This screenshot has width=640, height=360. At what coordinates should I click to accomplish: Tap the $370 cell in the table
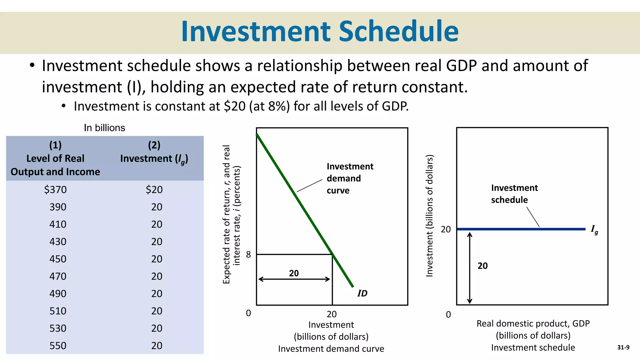[x=55, y=190]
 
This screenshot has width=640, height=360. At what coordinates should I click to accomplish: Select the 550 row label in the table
[x=58, y=346]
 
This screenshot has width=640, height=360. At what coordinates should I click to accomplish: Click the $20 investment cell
[x=154, y=190]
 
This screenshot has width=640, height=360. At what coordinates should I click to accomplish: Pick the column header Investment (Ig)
[x=154, y=158]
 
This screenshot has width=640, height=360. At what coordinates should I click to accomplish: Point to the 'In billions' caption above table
[x=104, y=128]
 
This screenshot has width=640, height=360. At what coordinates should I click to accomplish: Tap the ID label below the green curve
[x=362, y=293]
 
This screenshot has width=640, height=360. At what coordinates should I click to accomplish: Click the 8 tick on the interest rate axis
[x=248, y=255]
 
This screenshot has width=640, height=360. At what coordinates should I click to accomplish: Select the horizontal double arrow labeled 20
[x=294, y=279]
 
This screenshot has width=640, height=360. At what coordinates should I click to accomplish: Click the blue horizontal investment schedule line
[x=521, y=229]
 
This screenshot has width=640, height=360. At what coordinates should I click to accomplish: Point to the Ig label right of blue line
[x=594, y=230]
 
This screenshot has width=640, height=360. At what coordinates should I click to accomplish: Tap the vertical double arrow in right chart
[x=470, y=268]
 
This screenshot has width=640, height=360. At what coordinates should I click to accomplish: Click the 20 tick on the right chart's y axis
[x=446, y=229]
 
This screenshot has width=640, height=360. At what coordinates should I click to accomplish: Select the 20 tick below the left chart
[x=332, y=314]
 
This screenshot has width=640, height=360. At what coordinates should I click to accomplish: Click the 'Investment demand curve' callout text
[x=349, y=178]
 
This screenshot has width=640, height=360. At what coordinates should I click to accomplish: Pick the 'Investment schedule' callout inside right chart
[x=514, y=194]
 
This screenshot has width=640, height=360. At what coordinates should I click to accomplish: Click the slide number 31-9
[x=623, y=347]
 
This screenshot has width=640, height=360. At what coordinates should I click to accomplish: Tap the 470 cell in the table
[x=58, y=276]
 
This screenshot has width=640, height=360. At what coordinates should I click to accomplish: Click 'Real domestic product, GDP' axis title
[x=533, y=323]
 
